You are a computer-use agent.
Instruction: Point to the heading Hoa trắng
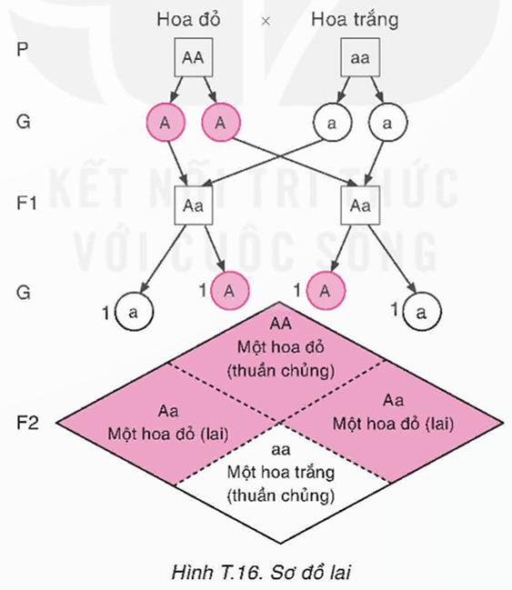pyautogui.click(x=355, y=19)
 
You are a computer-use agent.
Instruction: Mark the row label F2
pyautogui.click(x=27, y=423)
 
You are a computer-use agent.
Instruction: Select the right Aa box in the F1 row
pyautogui.click(x=360, y=205)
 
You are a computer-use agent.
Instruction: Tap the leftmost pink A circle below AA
pyautogui.click(x=165, y=122)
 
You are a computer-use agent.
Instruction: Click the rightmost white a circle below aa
pyautogui.click(x=387, y=122)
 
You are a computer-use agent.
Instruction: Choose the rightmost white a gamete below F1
pyautogui.click(x=419, y=312)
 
